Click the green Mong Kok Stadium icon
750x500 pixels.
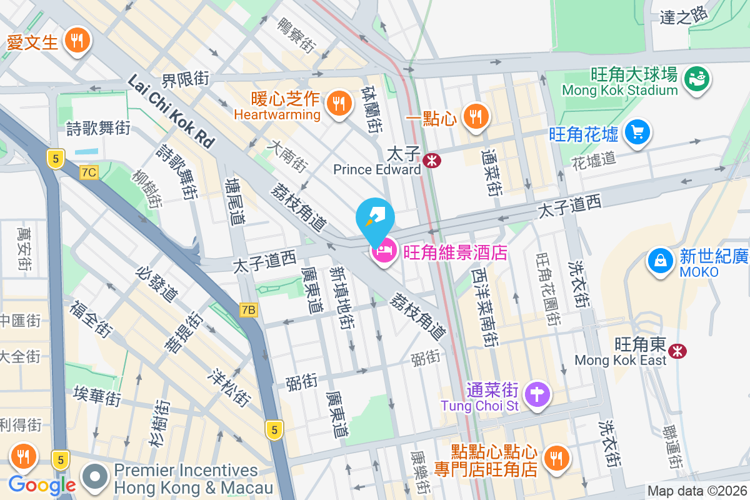click(x=696, y=79)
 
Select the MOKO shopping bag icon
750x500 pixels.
click(x=660, y=261)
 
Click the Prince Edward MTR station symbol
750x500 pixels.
click(x=431, y=161)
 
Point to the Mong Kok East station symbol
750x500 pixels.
click(x=676, y=351)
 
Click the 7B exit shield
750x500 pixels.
click(x=248, y=309)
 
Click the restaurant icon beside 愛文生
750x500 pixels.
click(x=77, y=41)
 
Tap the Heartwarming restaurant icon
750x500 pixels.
click(x=339, y=101)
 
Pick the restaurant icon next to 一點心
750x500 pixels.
click(x=476, y=115)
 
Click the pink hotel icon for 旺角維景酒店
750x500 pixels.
click(x=384, y=252)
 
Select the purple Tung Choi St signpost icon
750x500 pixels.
click(x=536, y=394)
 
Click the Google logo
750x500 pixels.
click(x=42, y=484)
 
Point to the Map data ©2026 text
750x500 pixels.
click(x=696, y=491)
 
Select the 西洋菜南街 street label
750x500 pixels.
click(x=485, y=306)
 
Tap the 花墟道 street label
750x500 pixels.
click(x=594, y=161)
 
